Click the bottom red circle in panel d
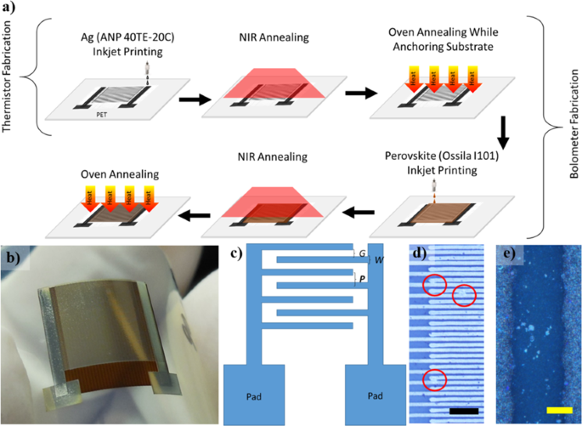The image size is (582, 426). pos(433,380)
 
